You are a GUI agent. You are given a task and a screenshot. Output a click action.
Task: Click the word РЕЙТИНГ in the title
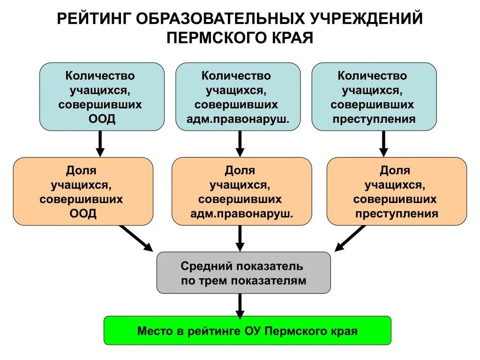tap(94, 19)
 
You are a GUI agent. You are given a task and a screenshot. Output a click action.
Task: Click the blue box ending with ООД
tap(102, 97)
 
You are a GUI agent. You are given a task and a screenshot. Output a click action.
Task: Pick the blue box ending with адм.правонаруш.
tap(238, 97)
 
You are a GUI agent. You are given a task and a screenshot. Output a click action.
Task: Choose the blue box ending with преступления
tap(374, 97)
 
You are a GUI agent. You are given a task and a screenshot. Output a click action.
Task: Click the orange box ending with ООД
tap(83, 191)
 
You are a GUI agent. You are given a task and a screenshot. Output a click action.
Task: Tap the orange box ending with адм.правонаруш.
tap(241, 191)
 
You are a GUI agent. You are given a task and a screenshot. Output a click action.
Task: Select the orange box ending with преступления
tap(397, 191)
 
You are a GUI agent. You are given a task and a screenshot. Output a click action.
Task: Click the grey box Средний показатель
tap(243, 273)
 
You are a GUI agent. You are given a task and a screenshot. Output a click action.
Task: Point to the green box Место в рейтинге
tap(247, 330)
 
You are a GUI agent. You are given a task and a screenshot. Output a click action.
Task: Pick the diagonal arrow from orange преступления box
tap(351, 238)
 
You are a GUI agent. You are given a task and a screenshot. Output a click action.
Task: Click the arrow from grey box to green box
tap(240, 305)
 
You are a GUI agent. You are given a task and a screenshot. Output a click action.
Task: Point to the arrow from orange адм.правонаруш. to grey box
tap(240, 238)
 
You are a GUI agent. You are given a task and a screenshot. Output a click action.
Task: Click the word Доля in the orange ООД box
tap(81, 171)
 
